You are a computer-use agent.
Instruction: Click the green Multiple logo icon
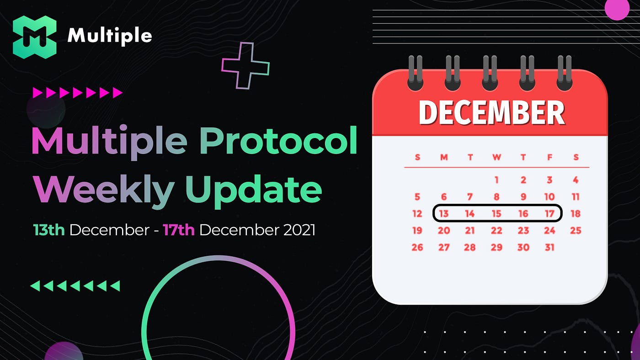click(35, 37)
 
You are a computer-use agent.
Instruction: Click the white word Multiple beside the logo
click(109, 36)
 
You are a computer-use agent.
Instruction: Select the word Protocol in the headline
click(278, 141)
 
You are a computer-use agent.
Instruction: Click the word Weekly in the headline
click(103, 191)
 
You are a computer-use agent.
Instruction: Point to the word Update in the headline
click(254, 191)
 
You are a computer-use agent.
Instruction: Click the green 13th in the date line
click(48, 230)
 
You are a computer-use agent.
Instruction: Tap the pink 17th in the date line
click(179, 230)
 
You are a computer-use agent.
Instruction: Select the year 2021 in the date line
click(299, 230)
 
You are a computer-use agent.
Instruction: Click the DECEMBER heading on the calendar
click(492, 112)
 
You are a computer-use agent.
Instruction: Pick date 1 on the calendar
click(496, 180)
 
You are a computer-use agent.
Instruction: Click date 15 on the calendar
click(496, 213)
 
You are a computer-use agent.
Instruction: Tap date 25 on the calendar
click(576, 230)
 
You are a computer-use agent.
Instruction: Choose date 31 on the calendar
click(549, 247)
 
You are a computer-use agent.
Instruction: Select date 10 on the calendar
click(549, 197)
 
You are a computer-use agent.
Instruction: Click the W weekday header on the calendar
click(496, 157)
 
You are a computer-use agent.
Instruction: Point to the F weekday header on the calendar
click(549, 157)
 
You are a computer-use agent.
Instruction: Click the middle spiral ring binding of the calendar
click(490, 73)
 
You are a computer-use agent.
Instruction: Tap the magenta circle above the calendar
click(617, 9)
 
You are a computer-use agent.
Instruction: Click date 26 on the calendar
click(417, 247)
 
